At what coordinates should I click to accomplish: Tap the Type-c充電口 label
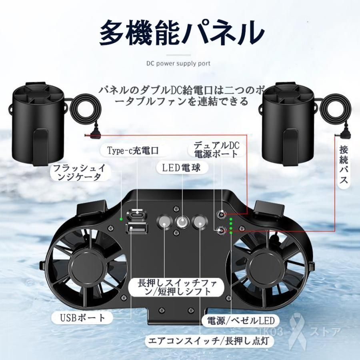point(133,150)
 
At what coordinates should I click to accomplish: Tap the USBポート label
point(80,318)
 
